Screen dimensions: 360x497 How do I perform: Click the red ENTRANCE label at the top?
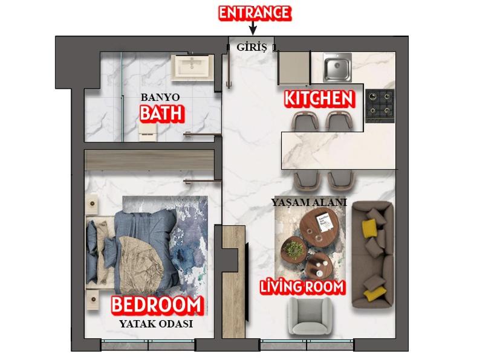255,13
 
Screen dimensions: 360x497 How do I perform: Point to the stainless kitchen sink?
337,67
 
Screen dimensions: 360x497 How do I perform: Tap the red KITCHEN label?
319,98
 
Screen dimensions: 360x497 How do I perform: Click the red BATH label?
161,113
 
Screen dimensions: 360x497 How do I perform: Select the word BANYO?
160,97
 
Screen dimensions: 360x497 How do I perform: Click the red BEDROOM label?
157,305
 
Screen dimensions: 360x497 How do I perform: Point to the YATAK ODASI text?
156,324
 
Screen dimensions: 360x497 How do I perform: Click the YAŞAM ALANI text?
309,203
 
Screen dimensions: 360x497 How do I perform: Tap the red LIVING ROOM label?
302,287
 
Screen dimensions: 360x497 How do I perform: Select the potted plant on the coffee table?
295,248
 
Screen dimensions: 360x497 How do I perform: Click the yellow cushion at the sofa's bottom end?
375,294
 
